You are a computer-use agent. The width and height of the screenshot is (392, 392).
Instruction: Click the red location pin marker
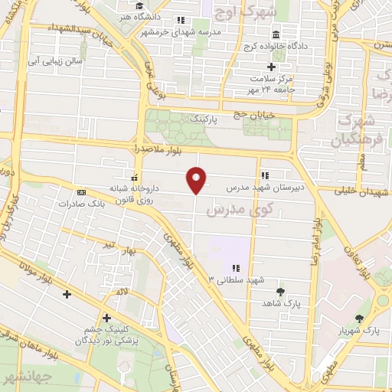click(197, 179)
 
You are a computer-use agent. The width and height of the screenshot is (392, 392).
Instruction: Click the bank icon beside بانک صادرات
click(80, 194)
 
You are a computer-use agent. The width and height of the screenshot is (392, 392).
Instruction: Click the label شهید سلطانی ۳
click(236, 280)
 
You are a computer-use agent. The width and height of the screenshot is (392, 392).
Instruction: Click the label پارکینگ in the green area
click(204, 120)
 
